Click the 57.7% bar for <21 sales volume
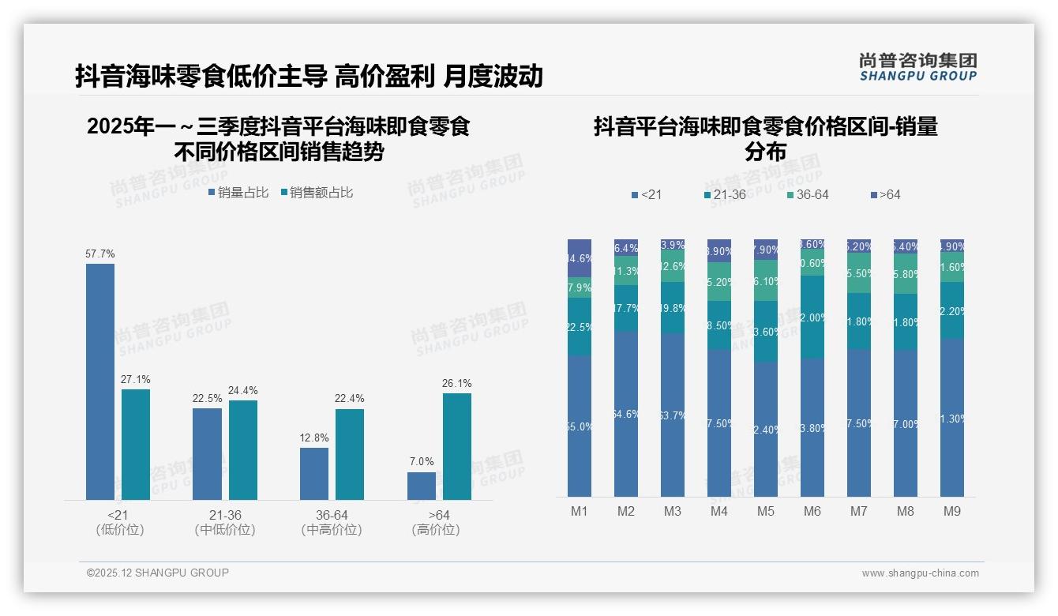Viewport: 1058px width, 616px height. pos(100,381)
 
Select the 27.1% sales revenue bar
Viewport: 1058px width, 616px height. pos(136,444)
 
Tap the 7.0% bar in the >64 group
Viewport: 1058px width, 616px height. pos(422,486)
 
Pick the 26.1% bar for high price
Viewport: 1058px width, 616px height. pos(457,446)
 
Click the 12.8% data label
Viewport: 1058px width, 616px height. pos(314,438)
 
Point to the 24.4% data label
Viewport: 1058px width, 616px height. pos(243,390)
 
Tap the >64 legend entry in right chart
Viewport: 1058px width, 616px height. pos(885,195)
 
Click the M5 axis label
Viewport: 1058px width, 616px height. pos(766,512)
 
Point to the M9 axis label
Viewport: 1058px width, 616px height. pos(952,512)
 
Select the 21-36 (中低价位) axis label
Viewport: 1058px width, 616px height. pos(226,522)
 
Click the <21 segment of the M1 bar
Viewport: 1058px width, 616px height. pos(580,426)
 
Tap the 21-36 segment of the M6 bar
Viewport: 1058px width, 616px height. pos(812,317)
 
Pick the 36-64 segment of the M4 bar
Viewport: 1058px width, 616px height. pos(719,281)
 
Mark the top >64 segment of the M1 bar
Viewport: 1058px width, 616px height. pos(580,257)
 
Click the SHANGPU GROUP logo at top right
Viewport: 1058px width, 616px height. pos(917,67)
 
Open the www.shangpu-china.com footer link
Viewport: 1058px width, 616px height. pos(920,573)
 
